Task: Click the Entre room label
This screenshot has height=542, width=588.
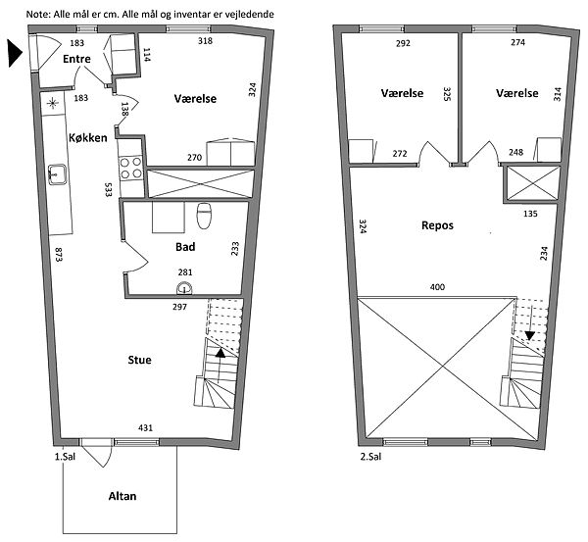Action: [x=76, y=59]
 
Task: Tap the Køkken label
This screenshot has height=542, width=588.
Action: [x=88, y=137]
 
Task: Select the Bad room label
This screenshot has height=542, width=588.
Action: [x=185, y=247]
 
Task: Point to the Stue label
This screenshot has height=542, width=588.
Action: [x=139, y=360]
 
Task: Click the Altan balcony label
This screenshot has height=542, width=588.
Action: [x=122, y=496]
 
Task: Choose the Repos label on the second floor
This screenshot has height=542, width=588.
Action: [x=437, y=225]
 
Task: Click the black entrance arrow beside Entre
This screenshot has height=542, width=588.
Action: [x=15, y=54]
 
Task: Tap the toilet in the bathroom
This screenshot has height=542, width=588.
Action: [x=204, y=216]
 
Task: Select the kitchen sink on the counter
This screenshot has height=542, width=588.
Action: [x=58, y=174]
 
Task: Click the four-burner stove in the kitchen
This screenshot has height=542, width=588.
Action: [x=130, y=168]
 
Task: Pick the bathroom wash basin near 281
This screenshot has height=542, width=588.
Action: [x=184, y=288]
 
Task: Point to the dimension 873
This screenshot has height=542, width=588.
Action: [x=58, y=254]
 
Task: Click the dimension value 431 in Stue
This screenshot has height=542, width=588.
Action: [x=145, y=427]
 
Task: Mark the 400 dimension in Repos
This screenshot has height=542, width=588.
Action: [x=437, y=287]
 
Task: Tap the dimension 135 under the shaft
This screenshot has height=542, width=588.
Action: [x=530, y=214]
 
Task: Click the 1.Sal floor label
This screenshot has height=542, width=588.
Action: [x=66, y=457]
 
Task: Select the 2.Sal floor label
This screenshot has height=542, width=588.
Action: [x=370, y=457]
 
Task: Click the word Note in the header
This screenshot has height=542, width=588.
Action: [x=38, y=15]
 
